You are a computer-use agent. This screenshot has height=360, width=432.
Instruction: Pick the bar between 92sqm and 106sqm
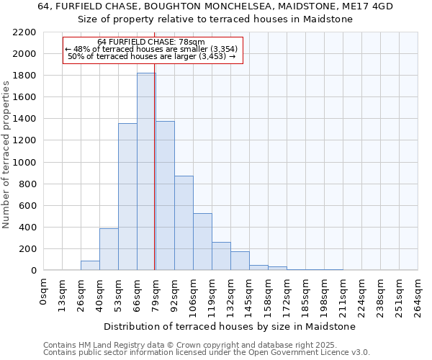[x=184, y=223]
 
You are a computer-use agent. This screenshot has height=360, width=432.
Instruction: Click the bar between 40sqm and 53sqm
[x=109, y=249]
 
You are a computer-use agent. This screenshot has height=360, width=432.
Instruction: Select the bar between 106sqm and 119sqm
[x=202, y=242]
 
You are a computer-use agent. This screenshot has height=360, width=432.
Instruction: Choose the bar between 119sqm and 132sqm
[x=221, y=256]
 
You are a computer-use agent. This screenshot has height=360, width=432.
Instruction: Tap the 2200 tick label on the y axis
[x=24, y=32]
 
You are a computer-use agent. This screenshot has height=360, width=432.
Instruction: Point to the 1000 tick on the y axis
[x=24, y=163]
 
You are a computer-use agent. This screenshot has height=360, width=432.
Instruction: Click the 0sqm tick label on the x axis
[x=44, y=292]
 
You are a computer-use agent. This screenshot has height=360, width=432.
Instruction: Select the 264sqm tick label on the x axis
[x=418, y=296]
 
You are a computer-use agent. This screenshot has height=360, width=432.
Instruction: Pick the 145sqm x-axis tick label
[x=250, y=296]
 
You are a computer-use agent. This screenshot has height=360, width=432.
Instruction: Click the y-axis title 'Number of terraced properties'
[x=6, y=155]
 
